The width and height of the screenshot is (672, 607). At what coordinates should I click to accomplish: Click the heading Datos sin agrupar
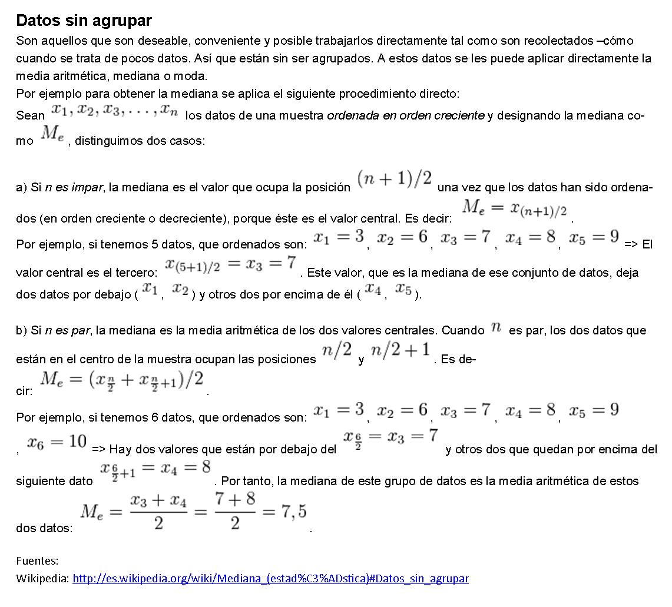(x=84, y=21)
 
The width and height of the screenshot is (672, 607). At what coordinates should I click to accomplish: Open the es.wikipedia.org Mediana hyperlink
(x=270, y=578)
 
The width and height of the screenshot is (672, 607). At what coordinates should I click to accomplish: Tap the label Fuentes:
(x=37, y=560)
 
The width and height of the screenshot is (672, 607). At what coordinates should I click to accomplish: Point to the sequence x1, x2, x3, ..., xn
(x=114, y=110)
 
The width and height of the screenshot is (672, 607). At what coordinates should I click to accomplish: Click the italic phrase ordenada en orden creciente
(x=405, y=115)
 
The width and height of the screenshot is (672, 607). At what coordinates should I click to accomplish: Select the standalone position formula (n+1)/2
(x=394, y=179)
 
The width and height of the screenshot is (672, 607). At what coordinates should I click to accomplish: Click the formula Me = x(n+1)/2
(x=514, y=208)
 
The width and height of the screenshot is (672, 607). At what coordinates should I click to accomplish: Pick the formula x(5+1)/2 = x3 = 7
(x=230, y=264)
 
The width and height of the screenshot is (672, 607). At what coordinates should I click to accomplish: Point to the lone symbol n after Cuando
(x=496, y=329)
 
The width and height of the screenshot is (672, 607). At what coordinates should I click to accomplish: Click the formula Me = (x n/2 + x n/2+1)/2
(x=121, y=381)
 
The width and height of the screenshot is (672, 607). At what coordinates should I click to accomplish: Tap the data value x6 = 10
(x=57, y=442)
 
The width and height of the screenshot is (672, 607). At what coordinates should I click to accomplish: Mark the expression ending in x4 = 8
(x=155, y=470)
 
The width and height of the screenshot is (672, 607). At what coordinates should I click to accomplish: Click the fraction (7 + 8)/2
(x=235, y=510)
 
